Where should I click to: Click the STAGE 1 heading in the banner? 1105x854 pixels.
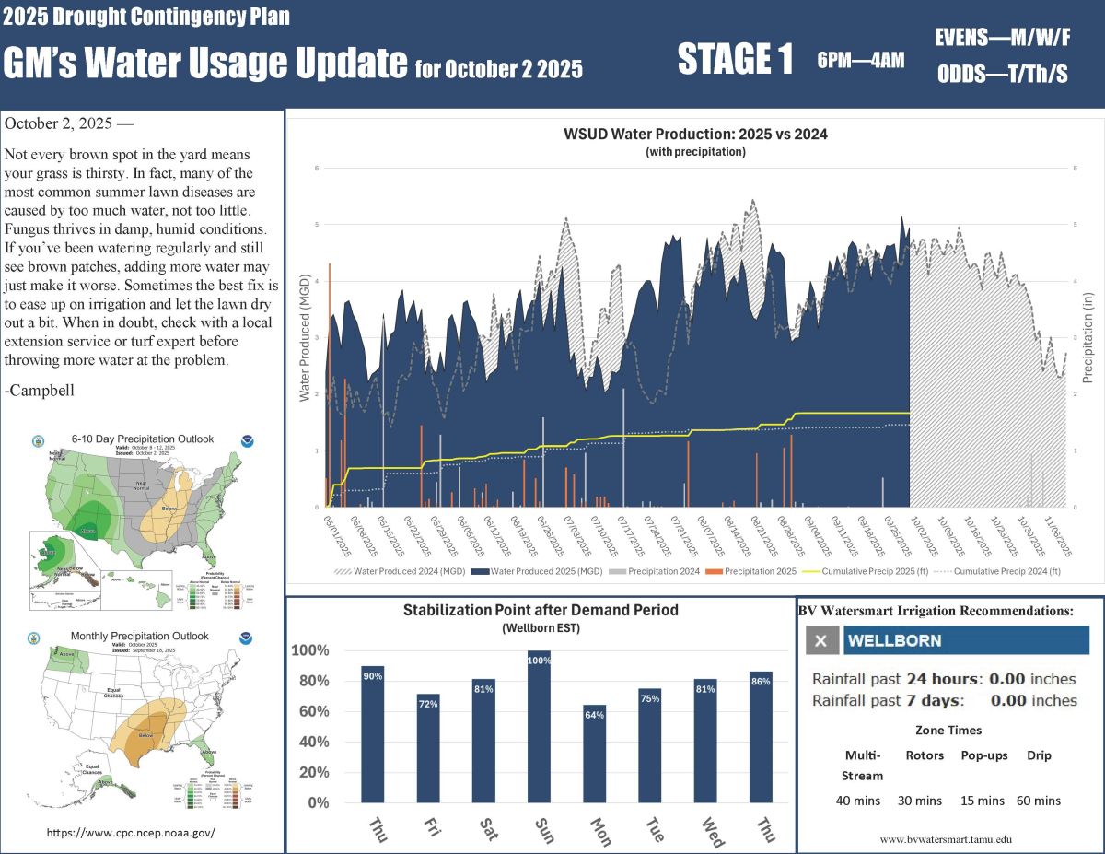[735, 60]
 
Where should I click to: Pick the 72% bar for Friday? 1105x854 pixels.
[428, 747]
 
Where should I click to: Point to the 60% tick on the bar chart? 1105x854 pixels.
[311, 711]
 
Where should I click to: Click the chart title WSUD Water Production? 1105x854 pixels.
[695, 134]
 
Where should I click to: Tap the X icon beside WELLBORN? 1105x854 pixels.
[821, 640]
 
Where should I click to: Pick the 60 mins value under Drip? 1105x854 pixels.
[1038, 801]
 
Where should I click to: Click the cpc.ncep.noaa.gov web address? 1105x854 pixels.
[131, 832]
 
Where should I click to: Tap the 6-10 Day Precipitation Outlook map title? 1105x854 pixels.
[142, 439]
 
